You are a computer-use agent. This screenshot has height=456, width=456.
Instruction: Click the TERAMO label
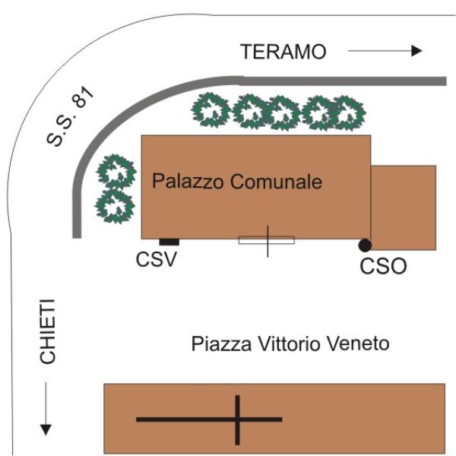(283, 52)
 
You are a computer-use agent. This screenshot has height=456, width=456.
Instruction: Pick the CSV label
(157, 260)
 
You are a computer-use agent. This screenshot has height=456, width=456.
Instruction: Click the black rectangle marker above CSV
(169, 242)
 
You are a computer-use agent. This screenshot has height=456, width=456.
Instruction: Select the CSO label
(384, 267)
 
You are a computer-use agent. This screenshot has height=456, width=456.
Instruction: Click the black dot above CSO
(365, 245)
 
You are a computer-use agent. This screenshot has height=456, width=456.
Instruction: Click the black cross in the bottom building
(237, 419)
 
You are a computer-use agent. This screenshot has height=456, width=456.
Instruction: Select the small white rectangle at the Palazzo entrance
(267, 240)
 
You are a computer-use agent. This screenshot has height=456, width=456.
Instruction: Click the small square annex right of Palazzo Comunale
(403, 207)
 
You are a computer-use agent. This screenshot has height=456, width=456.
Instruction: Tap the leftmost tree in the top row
(211, 111)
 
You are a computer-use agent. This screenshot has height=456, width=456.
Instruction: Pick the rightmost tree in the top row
(347, 112)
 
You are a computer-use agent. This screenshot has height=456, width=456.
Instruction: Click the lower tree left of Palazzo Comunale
(114, 204)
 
